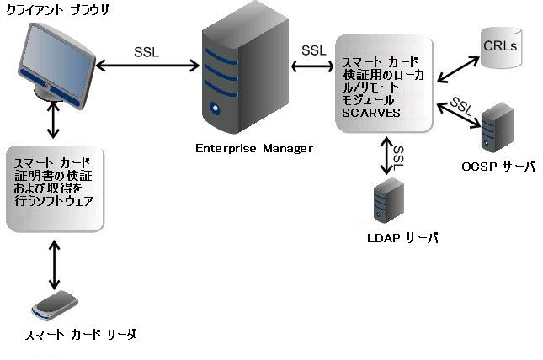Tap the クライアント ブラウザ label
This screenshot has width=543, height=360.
click(x=51, y=11)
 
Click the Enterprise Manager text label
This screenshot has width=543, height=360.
click(x=253, y=148)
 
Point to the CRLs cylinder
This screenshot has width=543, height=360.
click(x=500, y=46)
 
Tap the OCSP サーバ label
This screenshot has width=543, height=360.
click(x=498, y=167)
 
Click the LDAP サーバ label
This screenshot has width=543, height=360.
click(x=403, y=238)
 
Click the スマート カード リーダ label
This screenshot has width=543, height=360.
click(x=80, y=335)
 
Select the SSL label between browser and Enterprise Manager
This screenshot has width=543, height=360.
click(x=146, y=50)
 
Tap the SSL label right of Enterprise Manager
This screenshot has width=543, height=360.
click(x=313, y=50)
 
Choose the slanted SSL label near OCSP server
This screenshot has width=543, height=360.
click(x=461, y=105)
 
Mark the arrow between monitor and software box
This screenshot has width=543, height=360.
click(x=55, y=121)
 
